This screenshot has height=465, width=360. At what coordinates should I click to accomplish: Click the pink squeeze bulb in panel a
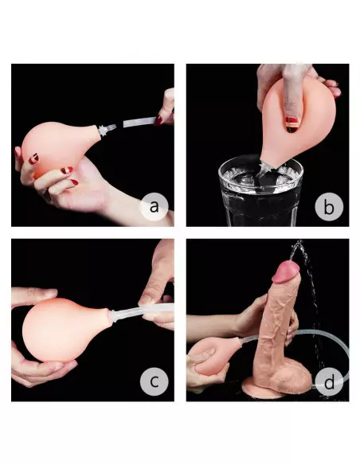52,143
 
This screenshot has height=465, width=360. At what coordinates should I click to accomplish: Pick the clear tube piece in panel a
135,122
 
